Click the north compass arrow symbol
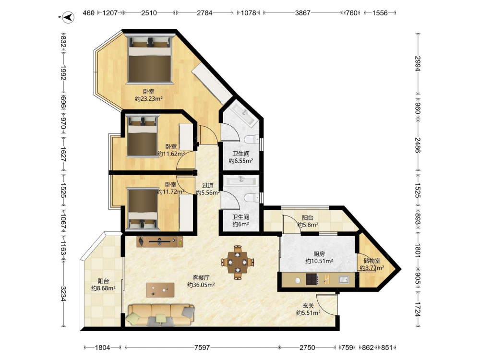[x=68, y=17]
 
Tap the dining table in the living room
[x=238, y=262]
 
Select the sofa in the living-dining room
[x=161, y=315]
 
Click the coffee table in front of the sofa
[x=160, y=290]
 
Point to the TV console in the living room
[x=160, y=241]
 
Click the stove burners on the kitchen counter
[x=312, y=279]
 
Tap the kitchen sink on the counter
[x=344, y=279]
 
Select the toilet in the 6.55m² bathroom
[x=252, y=139]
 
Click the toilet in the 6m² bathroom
[x=252, y=197]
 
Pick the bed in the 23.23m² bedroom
[x=149, y=59]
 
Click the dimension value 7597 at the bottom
[x=202, y=348]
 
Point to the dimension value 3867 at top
[x=302, y=13]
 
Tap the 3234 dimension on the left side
[x=63, y=294]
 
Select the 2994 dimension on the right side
[x=418, y=63]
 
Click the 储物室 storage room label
[x=372, y=261]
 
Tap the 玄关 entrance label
[x=308, y=305]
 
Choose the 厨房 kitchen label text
[x=319, y=254]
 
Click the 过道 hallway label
[x=208, y=185]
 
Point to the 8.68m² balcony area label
[x=103, y=288]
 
